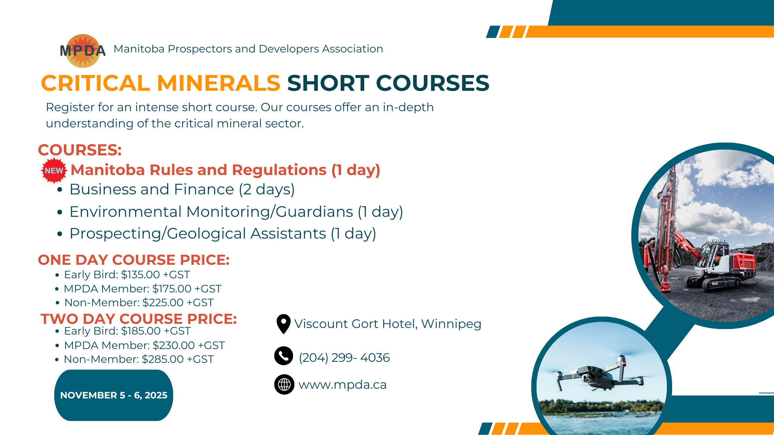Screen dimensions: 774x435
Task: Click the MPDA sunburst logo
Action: point(83,51)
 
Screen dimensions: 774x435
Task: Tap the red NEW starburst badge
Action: point(54,171)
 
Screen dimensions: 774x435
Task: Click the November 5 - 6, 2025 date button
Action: point(114,395)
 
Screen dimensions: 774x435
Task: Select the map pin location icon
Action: point(283,324)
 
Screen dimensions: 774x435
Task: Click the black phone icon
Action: point(284,356)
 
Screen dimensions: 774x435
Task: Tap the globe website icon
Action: point(284,384)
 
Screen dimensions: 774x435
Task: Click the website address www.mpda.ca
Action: point(342,385)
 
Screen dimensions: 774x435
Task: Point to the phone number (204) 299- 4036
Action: point(344,358)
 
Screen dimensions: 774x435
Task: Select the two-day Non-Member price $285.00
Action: point(163,359)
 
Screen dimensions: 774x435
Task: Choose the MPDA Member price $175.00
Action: point(172,289)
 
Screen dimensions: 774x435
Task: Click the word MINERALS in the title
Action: point(218,83)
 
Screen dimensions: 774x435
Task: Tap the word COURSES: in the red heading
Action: point(80,150)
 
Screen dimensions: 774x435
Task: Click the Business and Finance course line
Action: point(182,190)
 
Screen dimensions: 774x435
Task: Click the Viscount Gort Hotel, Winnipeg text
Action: point(388,324)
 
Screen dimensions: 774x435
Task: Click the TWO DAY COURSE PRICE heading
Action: point(139,319)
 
